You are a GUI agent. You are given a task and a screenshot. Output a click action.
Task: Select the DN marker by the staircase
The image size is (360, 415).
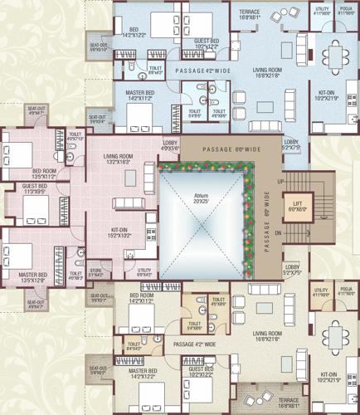pos(280,234)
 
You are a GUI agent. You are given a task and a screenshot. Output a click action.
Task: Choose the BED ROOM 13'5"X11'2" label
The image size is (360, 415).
pos(42,173)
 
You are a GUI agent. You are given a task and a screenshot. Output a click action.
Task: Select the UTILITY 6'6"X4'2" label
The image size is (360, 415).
pos(144,271)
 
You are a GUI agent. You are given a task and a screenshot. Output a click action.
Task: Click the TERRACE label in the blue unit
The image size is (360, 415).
pos(250,13)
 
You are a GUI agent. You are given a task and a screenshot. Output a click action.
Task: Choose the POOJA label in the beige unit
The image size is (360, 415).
pos(346,291)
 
